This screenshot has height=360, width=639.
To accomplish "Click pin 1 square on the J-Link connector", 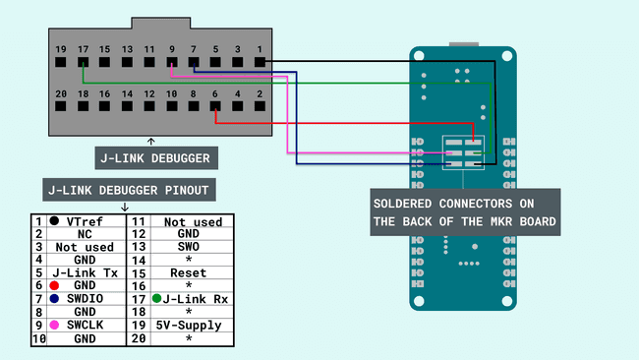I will [x=260, y=62].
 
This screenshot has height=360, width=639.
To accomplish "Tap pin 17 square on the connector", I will [x=83, y=62].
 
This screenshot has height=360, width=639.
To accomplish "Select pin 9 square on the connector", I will [x=171, y=62].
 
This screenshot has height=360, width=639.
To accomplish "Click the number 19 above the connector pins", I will [x=61, y=48].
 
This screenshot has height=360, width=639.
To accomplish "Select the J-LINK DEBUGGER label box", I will [x=150, y=157].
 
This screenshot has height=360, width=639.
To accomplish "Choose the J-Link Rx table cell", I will [x=193, y=296].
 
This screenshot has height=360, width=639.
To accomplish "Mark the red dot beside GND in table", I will [x=54, y=283].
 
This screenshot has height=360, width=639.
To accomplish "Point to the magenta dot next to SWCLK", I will [x=54, y=325].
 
